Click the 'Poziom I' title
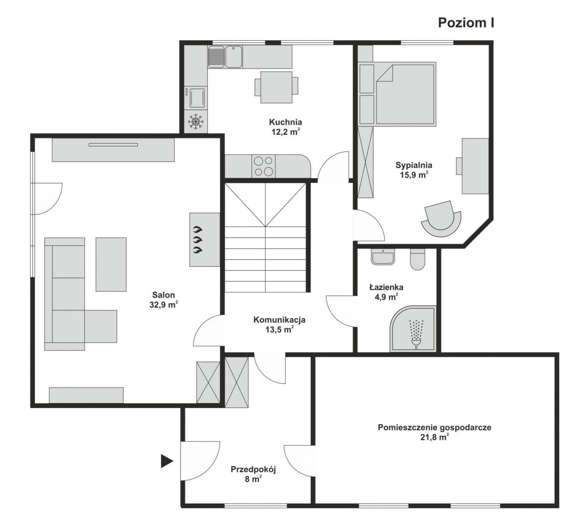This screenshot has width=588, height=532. (x=466, y=23)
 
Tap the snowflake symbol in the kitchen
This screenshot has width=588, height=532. (x=196, y=122)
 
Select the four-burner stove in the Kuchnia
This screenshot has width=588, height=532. (x=263, y=166)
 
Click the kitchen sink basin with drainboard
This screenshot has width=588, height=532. (x=225, y=57)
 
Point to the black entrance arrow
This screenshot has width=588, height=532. (x=167, y=461)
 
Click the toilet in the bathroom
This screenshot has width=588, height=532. (x=417, y=259)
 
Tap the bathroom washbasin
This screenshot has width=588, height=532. (x=383, y=257)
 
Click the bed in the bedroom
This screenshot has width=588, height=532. (x=405, y=94)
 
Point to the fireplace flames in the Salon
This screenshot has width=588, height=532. (x=197, y=239)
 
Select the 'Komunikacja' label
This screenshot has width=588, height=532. (x=279, y=320)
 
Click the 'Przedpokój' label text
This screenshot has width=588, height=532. (x=253, y=470)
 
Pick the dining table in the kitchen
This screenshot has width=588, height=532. (x=276, y=87)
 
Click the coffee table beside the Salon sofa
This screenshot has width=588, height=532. (x=111, y=264)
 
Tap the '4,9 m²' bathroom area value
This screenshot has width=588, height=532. (x=386, y=297)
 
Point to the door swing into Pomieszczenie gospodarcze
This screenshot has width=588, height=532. (x=299, y=461)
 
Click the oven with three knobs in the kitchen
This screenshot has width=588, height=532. (x=196, y=98)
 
